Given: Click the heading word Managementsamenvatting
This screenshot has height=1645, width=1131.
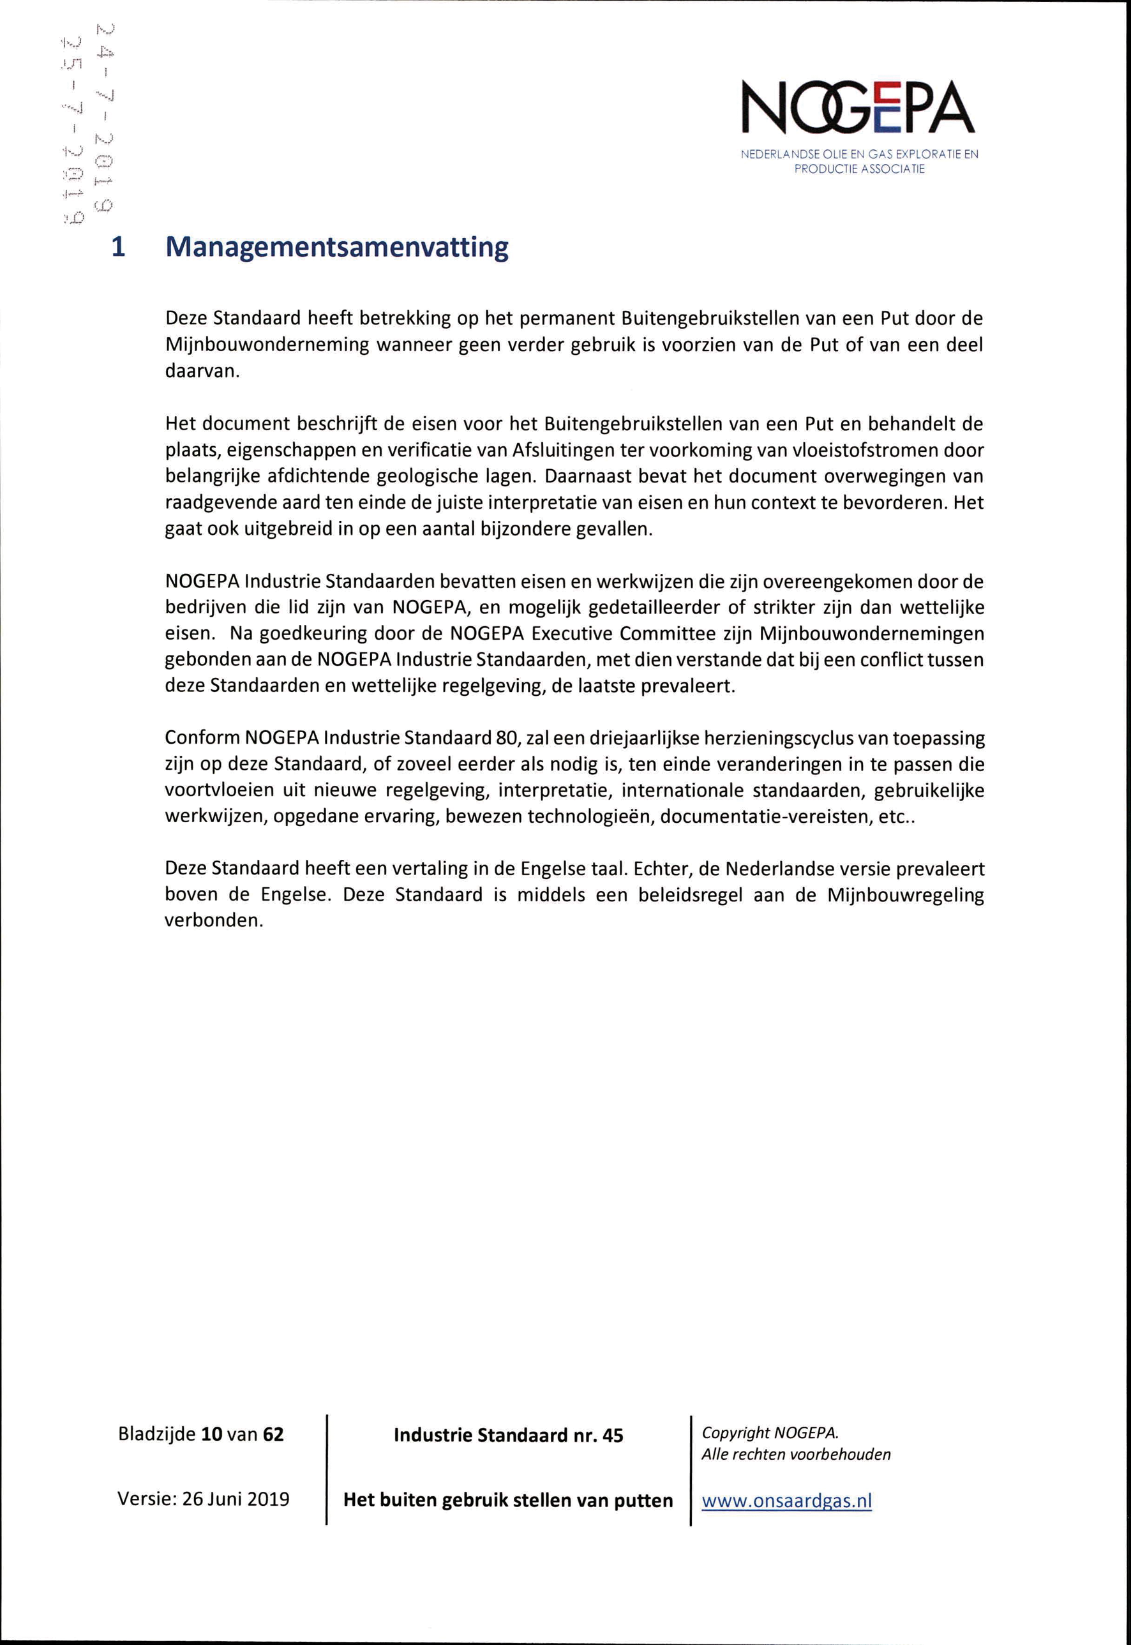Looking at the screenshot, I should [336, 246].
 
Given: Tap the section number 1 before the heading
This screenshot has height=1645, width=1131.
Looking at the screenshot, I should [119, 246].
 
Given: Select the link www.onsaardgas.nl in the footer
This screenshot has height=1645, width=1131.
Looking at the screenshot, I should [786, 1500].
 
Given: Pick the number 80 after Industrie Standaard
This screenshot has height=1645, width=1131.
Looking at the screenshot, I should [506, 738].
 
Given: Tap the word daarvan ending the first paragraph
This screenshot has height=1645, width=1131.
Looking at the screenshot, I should [200, 371].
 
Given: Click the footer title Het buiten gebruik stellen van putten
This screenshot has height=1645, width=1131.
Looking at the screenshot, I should [507, 1500].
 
